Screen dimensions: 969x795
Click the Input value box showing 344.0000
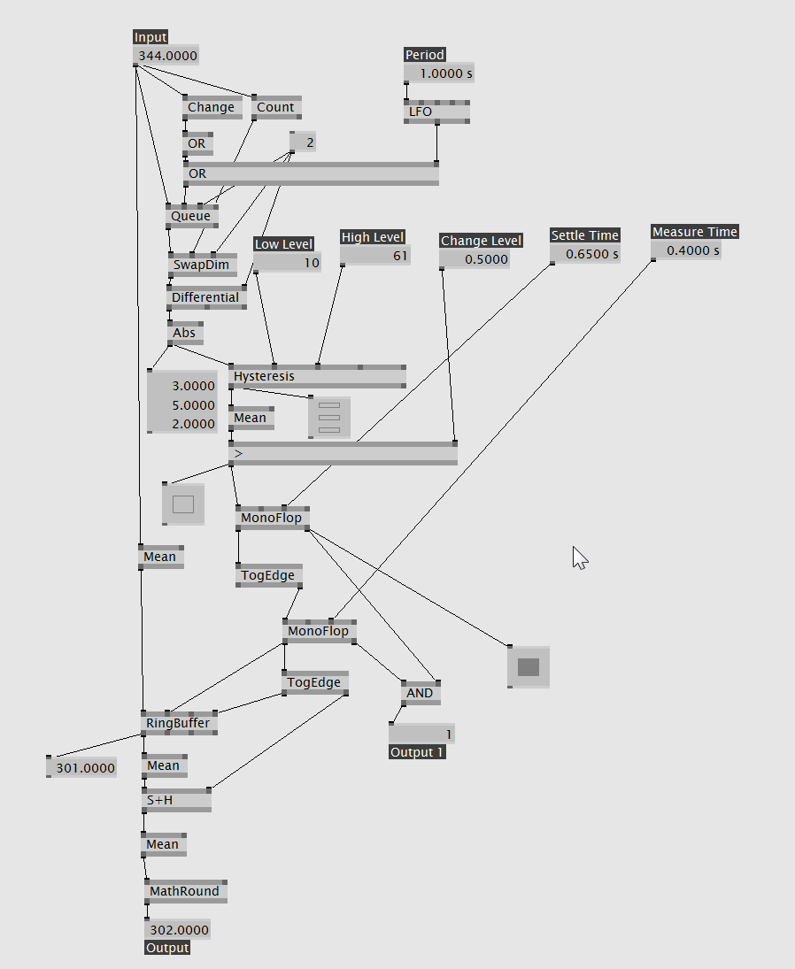[166, 56]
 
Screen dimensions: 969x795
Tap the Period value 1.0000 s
[439, 73]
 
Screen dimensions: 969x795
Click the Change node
[211, 107]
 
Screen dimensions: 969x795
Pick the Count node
[275, 107]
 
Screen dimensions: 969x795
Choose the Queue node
[191, 216]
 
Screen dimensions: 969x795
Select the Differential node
[206, 297]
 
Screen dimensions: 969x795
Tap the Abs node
[184, 333]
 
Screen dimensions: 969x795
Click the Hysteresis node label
[264, 376]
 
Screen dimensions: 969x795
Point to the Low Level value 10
[288, 263]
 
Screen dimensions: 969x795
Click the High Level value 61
[375, 256]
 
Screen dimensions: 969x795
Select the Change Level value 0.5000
[475, 259]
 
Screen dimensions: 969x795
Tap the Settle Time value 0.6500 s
[585, 254]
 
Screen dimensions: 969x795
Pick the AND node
[420, 693]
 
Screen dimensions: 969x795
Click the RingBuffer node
[178, 723]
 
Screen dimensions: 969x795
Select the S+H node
[176, 800]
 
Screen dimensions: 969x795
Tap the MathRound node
[184, 891]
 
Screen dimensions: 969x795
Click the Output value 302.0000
[178, 930]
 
